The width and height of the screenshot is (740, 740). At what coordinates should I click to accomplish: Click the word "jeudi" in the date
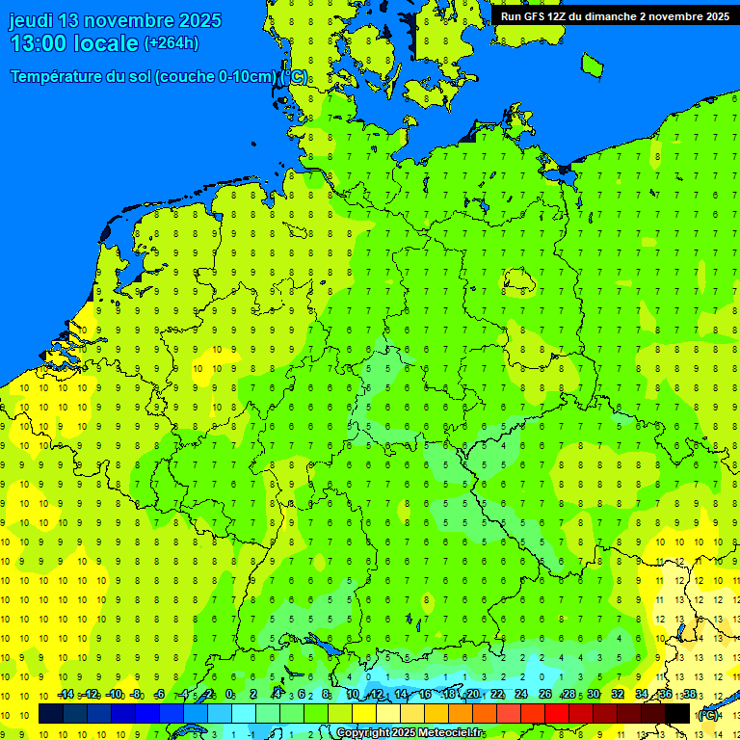(31, 20)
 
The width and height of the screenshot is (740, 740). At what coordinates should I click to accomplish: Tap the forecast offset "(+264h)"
(172, 43)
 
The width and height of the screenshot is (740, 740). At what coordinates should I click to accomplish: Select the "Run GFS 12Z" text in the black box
(534, 16)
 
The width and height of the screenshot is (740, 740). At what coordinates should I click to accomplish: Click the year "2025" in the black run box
(710, 16)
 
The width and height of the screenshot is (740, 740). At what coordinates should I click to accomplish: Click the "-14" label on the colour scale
(66, 695)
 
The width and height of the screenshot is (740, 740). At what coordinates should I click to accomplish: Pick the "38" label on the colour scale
(690, 695)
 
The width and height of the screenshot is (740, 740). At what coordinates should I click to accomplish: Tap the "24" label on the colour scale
(521, 695)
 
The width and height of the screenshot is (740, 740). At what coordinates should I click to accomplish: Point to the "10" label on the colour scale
(353, 695)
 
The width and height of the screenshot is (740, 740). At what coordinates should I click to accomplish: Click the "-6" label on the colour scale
(160, 695)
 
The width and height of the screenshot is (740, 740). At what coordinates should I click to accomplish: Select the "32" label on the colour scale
(618, 695)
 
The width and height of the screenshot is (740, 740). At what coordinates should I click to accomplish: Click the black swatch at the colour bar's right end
(677, 713)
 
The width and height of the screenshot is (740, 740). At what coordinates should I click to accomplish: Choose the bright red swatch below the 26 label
(557, 713)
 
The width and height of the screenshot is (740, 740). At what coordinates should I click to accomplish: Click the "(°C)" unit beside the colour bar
(708, 714)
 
